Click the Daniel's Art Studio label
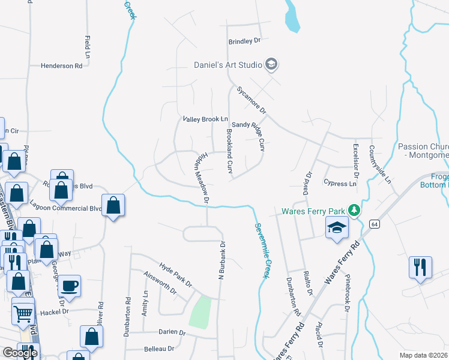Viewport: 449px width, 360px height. pyautogui.click(x=228, y=65)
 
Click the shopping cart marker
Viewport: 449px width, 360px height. pyautogui.click(x=23, y=312)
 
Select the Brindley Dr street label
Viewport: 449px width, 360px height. pyautogui.click(x=245, y=41)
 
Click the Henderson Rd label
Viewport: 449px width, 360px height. pyautogui.click(x=61, y=66)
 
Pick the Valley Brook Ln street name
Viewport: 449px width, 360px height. pyautogui.click(x=206, y=119)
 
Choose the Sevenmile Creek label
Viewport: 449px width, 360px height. pyautogui.click(x=259, y=251)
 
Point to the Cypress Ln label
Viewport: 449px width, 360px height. pyautogui.click(x=340, y=184)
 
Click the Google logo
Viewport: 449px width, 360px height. pyautogui.click(x=19, y=353)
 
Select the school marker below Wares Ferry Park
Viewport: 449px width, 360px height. pyautogui.click(x=337, y=228)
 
